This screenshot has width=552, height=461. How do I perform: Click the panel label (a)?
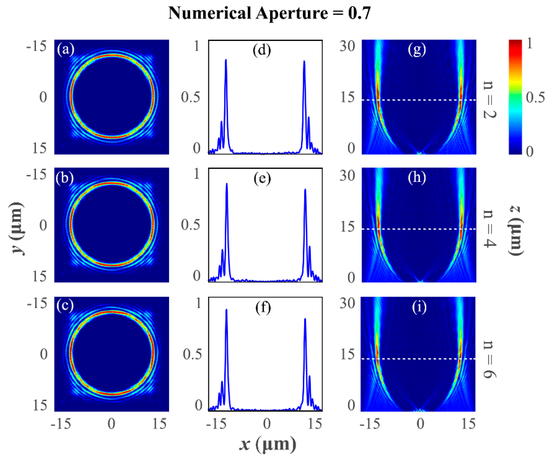pyautogui.click(x=65, y=49)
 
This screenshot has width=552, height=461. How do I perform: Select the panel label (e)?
pyautogui.click(x=262, y=179)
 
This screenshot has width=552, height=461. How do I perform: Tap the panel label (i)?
pyautogui.click(x=419, y=307)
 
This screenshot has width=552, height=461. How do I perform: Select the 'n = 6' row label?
pyautogui.click(x=490, y=359)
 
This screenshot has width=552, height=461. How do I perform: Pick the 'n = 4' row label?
pyautogui.click(x=490, y=228)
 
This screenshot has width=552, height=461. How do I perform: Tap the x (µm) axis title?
pyautogui.click(x=268, y=444)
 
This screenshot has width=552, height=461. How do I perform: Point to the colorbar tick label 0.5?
pyautogui.click(x=535, y=97)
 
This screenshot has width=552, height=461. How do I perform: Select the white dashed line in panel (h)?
pyautogui.click(x=419, y=229)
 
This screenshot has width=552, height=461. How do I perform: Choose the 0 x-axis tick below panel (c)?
pyautogui.click(x=112, y=424)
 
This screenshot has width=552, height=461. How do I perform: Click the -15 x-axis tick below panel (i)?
pyautogui.click(x=370, y=424)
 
